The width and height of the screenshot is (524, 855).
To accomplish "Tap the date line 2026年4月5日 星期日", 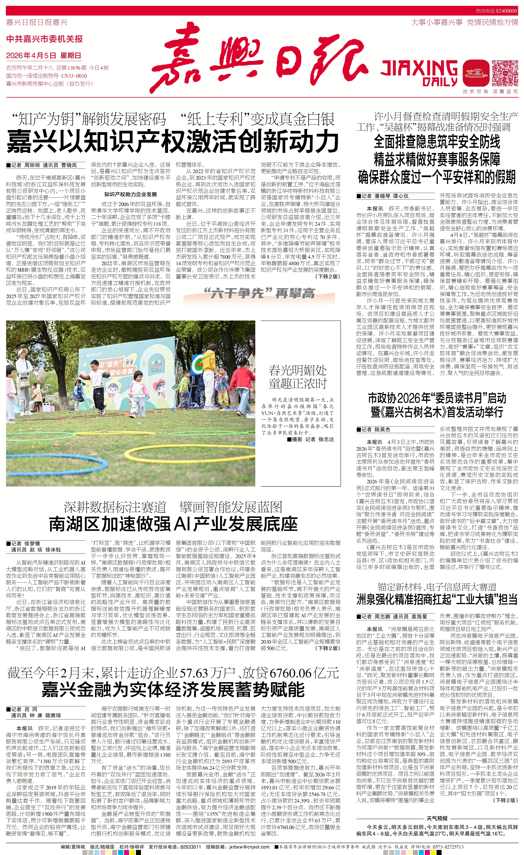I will pyautogui.click(x=44, y=56).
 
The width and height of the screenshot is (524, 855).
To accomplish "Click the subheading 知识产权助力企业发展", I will pyautogui.click(x=130, y=194).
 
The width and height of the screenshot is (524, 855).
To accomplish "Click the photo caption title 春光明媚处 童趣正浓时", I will pyautogui.click(x=298, y=377).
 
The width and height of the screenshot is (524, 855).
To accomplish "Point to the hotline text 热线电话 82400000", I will pyautogui.click(x=496, y=11).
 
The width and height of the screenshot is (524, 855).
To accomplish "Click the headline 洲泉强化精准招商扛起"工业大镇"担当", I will pyautogui.click(x=437, y=599).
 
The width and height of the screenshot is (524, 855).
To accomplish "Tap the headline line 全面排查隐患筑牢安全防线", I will pyautogui.click(x=437, y=142).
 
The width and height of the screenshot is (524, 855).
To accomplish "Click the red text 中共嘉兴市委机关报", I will pyautogui.click(x=44, y=39).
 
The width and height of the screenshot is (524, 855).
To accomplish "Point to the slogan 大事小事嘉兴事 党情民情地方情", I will pyautogui.click(x=464, y=22).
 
